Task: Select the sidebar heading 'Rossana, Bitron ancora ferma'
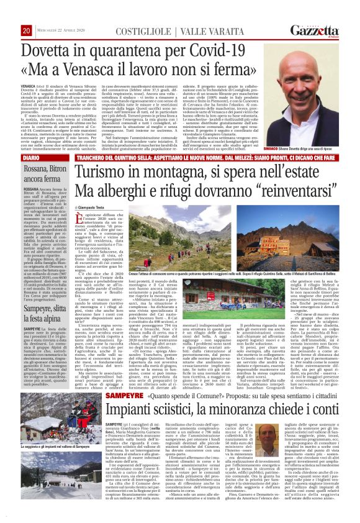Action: coord(43,174)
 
